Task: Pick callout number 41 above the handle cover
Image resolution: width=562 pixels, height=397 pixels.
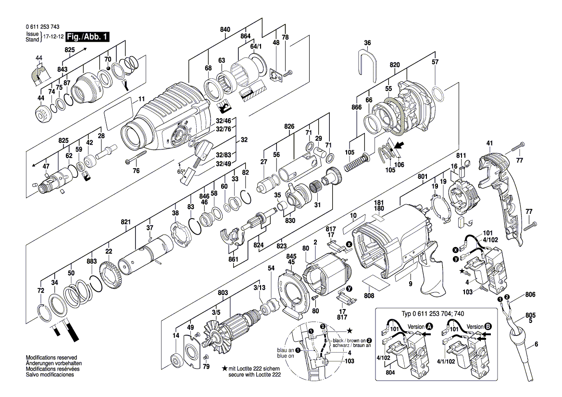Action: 489,143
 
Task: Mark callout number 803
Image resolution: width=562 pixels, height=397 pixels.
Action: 223,292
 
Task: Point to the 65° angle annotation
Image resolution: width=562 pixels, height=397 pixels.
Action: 182,172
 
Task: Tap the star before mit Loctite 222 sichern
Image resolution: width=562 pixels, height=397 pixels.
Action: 225,368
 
